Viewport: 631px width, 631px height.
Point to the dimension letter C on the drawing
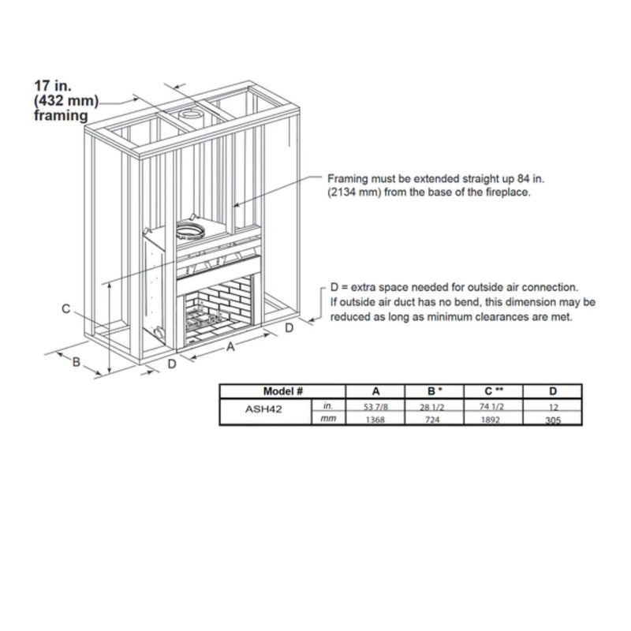click(68, 308)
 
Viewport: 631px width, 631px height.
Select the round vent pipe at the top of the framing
click(190, 117)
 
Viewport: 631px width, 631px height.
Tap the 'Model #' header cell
click(282, 391)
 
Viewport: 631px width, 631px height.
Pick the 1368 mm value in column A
click(375, 420)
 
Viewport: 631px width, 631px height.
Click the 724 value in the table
click(431, 420)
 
